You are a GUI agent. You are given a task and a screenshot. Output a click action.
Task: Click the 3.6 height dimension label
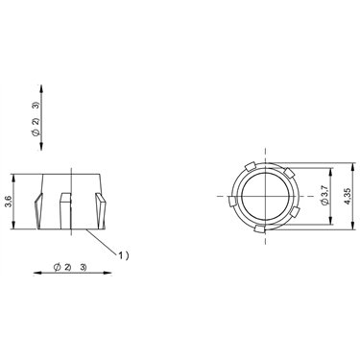(9, 202)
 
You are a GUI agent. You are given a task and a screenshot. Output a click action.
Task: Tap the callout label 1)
(124, 255)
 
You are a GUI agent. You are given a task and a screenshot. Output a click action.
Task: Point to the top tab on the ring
(251, 166)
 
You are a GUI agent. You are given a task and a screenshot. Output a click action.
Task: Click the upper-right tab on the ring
(289, 173)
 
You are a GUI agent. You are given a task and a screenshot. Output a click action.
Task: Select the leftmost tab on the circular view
(231, 202)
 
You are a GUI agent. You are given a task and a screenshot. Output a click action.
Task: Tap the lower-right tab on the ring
(295, 212)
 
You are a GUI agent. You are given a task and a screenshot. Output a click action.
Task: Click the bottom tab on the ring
(259, 229)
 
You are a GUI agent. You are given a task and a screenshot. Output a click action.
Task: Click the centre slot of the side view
(65, 210)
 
